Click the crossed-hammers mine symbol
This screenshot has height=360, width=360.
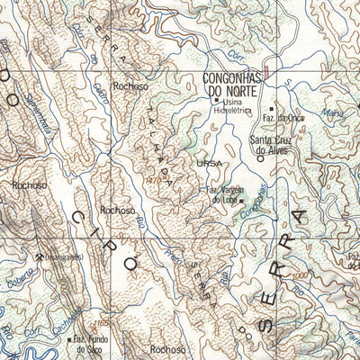pos(39,256)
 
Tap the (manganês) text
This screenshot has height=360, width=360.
pos(56,256)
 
